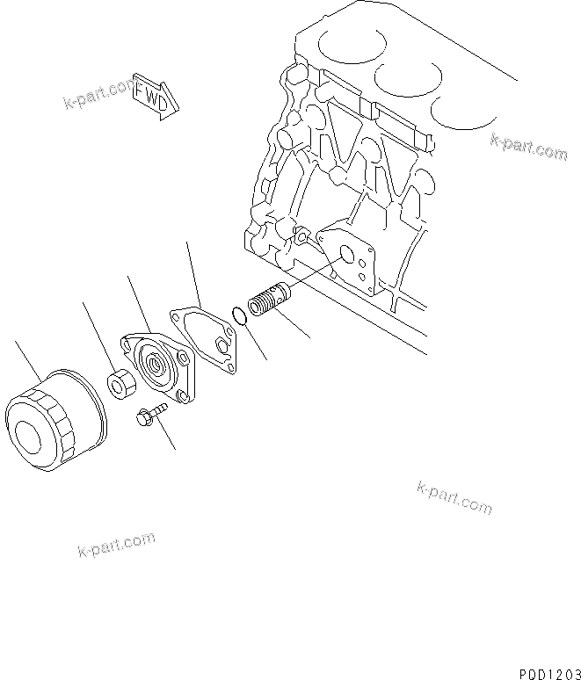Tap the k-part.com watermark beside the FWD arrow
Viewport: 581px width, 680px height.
click(98, 95)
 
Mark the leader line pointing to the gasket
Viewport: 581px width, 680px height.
click(193, 272)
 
